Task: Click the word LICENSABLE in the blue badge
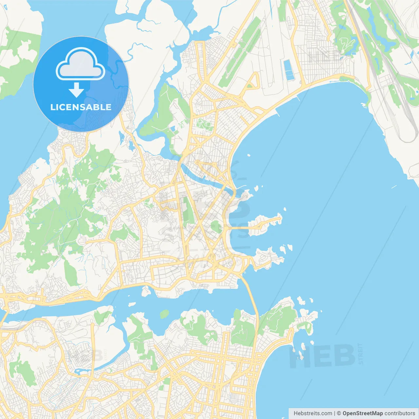pos(81,107)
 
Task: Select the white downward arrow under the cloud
pos(76,90)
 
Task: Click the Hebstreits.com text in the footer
pos(313,413)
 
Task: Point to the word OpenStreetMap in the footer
pos(362,413)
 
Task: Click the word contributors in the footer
pos(400,413)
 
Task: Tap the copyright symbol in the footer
pos(339,413)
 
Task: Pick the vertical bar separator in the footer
pos(334,413)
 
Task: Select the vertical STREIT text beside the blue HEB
pos(360,354)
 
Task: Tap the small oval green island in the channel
pos(164,314)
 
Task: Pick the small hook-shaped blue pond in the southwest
pos(81,371)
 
